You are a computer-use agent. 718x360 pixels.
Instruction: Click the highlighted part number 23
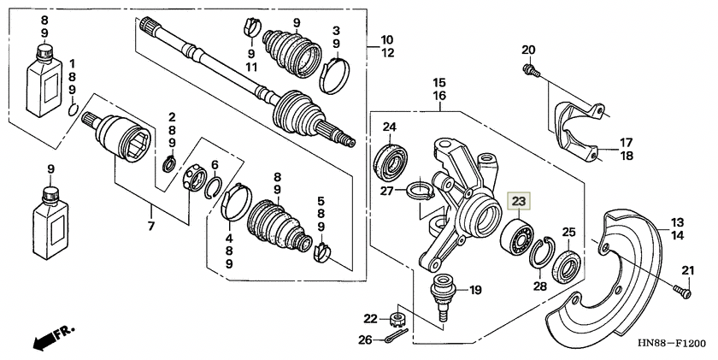[x=519, y=201]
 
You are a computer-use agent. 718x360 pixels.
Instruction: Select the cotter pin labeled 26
[x=394, y=338]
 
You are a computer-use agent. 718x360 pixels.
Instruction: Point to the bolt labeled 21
[x=682, y=291]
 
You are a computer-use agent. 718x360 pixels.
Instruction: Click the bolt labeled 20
[x=531, y=70]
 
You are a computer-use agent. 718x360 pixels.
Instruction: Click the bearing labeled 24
[x=390, y=162]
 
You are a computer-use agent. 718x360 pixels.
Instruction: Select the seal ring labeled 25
[x=566, y=267]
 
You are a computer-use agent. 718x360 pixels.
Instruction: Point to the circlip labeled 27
[x=421, y=190]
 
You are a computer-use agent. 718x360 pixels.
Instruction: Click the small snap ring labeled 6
[x=213, y=187]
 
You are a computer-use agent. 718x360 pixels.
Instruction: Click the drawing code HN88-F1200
[x=672, y=343]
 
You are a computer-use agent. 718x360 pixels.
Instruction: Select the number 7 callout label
[x=151, y=226]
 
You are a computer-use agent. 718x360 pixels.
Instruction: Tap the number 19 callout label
[x=475, y=290]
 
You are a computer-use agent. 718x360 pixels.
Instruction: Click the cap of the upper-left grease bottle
[x=44, y=52]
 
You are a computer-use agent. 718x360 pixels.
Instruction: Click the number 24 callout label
[x=390, y=127]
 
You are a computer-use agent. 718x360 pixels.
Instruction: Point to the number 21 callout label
[x=688, y=271]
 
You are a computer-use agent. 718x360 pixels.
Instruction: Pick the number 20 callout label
[x=528, y=50]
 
